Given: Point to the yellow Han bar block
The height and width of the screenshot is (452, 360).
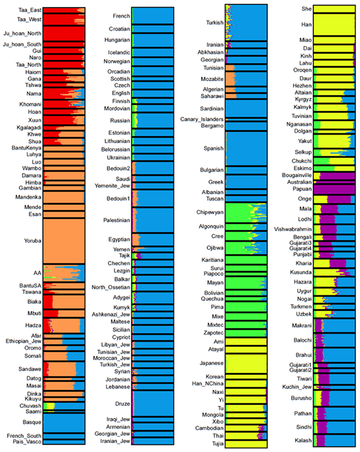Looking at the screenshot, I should tap(332, 24).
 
